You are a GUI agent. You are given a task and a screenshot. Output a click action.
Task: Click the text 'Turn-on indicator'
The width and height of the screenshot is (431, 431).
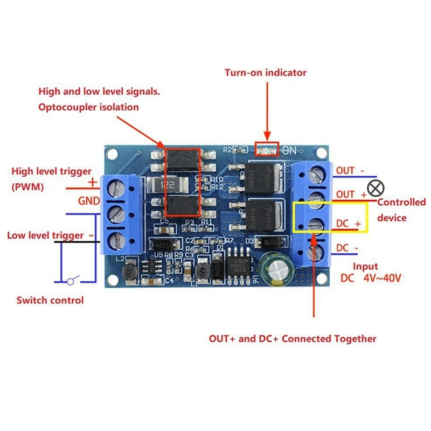click(x=266, y=72)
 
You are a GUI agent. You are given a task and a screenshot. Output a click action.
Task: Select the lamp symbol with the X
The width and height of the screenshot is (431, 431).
click(x=379, y=187)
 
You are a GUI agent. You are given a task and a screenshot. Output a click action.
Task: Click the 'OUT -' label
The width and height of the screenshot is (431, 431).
click(x=350, y=171)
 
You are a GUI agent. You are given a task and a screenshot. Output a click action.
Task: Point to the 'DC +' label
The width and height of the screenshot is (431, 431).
click(x=348, y=223)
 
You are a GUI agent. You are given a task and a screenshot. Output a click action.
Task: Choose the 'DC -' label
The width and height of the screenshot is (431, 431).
click(x=347, y=247)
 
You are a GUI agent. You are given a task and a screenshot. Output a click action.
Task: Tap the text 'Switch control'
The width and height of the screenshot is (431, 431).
click(x=50, y=300)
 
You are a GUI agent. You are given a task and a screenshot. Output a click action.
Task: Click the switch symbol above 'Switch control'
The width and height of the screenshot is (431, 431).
click(x=72, y=280)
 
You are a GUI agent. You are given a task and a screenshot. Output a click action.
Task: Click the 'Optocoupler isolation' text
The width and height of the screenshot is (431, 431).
click(x=88, y=107)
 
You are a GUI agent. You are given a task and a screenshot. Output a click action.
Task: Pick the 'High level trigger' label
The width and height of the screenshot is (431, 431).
click(x=52, y=171)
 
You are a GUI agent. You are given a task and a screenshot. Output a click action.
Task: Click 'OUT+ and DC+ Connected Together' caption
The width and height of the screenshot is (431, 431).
click(x=293, y=338)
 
